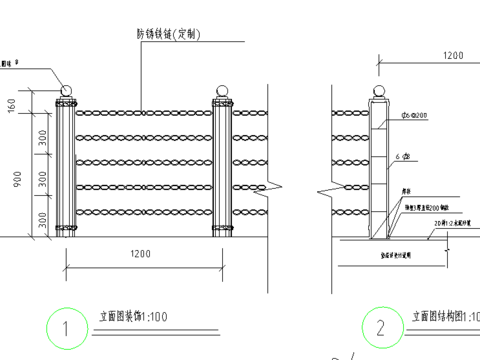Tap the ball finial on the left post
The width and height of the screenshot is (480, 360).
pos(67,91)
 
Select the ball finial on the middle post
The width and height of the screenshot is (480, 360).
pos(222,91)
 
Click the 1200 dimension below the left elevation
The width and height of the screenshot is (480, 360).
pos(140,255)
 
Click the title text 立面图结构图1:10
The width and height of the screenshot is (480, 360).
pos(441,317)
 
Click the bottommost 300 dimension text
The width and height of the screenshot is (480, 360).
pos(43,218)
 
